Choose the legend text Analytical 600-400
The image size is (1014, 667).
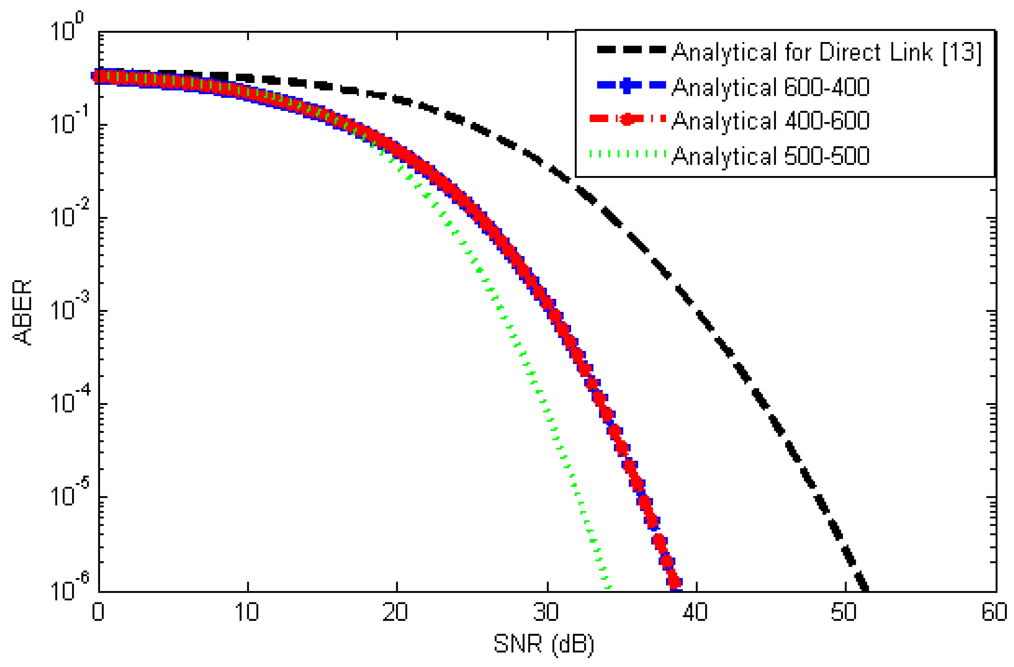click(770, 87)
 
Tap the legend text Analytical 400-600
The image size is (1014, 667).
click(770, 121)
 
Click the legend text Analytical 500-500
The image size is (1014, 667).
click(770, 156)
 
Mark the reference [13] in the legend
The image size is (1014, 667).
click(962, 53)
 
